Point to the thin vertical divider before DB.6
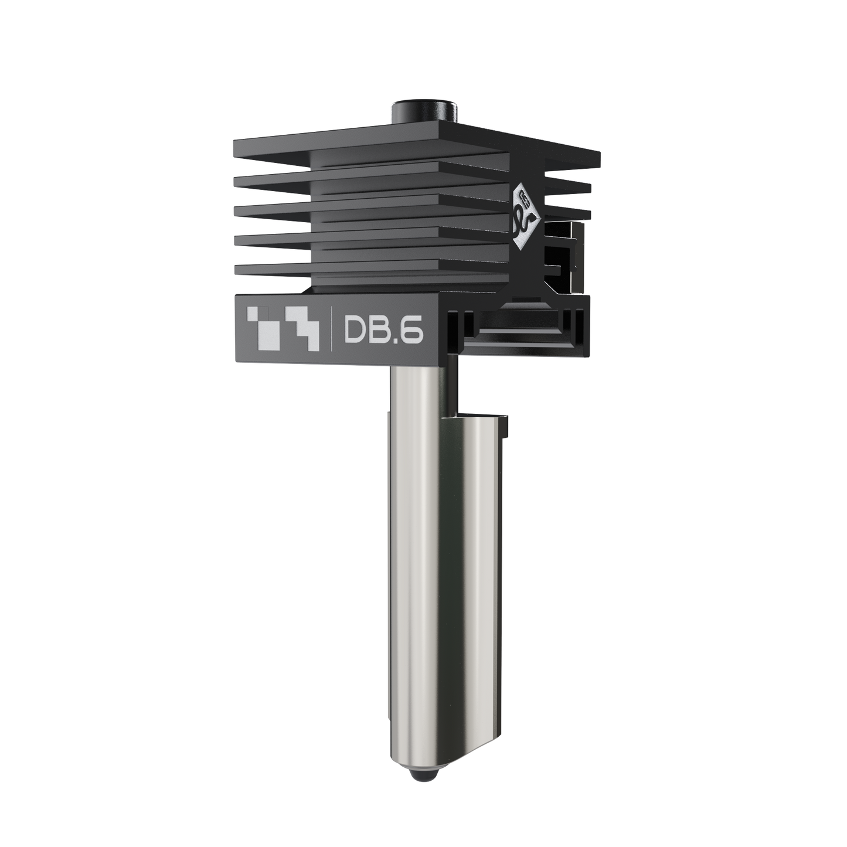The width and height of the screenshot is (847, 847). (x=332, y=332)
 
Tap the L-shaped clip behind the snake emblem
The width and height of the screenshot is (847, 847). (x=566, y=258)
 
